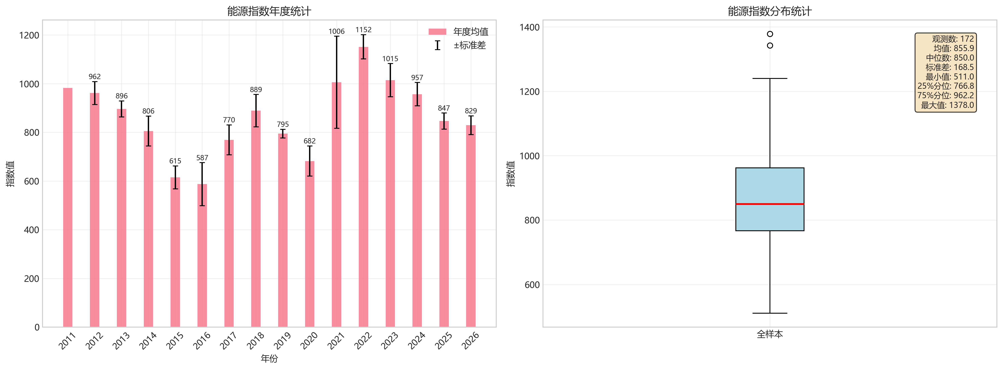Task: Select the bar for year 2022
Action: point(363,187)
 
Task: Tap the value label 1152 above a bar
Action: point(363,30)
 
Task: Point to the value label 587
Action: point(202,158)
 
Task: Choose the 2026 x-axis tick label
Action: point(470,340)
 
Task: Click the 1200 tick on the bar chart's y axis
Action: point(29,35)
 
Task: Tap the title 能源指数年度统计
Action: point(269,11)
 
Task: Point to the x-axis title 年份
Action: point(269,358)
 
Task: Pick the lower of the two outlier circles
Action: point(770,45)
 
